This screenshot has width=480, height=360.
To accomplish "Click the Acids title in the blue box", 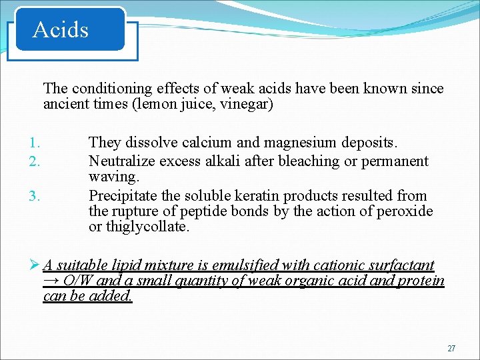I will (61, 30).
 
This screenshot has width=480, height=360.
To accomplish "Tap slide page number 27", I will (451, 349).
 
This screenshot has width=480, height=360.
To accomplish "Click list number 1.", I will (35, 143).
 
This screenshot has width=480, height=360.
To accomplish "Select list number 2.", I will (35, 161).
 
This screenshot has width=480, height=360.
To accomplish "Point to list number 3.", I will (35, 196).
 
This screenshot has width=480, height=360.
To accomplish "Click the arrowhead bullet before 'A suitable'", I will (36, 266).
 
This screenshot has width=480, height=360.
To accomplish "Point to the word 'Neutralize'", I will (120, 161).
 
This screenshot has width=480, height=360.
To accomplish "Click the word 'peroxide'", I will (407, 212).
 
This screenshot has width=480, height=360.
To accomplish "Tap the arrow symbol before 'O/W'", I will (50, 281).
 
